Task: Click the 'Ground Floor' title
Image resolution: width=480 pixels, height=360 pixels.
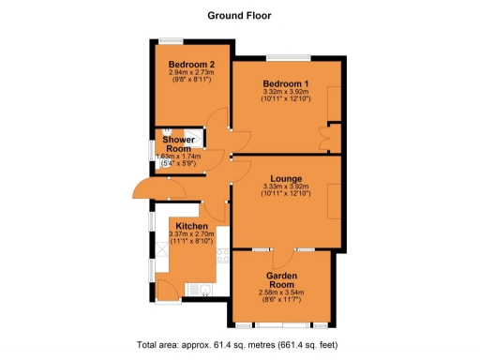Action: point(239,15)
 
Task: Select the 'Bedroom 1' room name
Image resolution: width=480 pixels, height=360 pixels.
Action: point(286,83)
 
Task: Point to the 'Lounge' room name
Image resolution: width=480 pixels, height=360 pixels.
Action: point(284,178)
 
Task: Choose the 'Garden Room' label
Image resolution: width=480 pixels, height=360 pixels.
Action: point(281,279)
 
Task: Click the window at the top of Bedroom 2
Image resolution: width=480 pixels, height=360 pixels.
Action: point(171,39)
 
